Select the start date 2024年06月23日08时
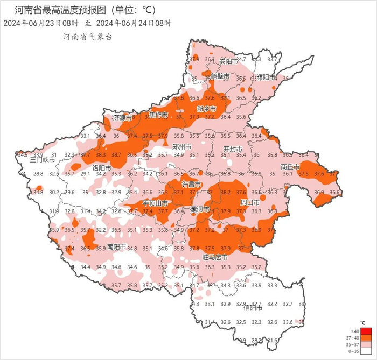click(x=40, y=23)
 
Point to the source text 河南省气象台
click(x=87, y=37)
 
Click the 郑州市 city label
click(x=182, y=146)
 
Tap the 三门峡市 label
click(x=43, y=160)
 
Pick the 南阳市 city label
click(x=117, y=247)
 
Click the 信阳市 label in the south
click(x=252, y=308)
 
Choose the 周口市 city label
click(x=249, y=203)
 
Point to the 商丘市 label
click(x=290, y=167)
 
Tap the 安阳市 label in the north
click(x=228, y=61)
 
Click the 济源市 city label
click(x=122, y=117)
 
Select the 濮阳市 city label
click(x=266, y=77)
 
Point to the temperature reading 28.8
click(x=38, y=174)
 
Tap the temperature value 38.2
click(x=225, y=193)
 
